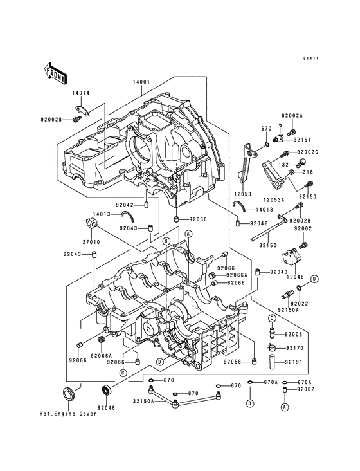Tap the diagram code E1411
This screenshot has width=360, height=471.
click(312, 59)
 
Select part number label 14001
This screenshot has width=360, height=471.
click(141, 82)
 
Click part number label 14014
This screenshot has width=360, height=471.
click(80, 93)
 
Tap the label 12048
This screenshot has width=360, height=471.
click(294, 276)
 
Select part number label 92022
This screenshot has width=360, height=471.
click(299, 302)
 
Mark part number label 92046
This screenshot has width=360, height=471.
click(106, 407)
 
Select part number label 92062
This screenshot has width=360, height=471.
click(305, 390)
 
